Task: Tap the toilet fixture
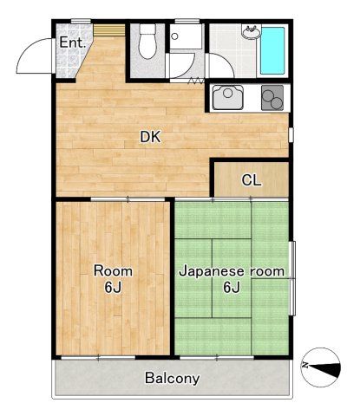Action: [x=147, y=43]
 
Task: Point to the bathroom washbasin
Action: [x=251, y=34]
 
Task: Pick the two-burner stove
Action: [x=272, y=98]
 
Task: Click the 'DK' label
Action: [x=151, y=136]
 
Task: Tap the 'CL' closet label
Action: [x=252, y=180]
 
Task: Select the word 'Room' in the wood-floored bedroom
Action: [x=113, y=270]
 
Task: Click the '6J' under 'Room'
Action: [x=113, y=288]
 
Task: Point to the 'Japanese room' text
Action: [x=232, y=271]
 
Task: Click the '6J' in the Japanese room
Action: [x=232, y=288]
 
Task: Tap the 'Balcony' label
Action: [x=172, y=378]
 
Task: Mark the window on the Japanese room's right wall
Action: [x=292, y=277]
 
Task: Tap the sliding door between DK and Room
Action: [x=113, y=198]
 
